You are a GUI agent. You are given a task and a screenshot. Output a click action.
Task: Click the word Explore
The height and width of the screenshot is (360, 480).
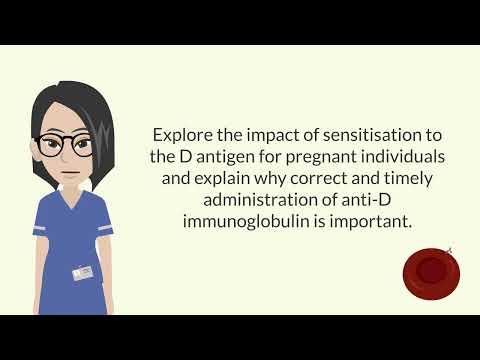tap(181, 134)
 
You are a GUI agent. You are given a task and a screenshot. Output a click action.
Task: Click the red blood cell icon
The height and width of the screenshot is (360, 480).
tap(431, 270)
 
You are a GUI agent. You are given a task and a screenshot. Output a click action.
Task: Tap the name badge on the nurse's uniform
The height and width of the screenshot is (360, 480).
tap(82, 272)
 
